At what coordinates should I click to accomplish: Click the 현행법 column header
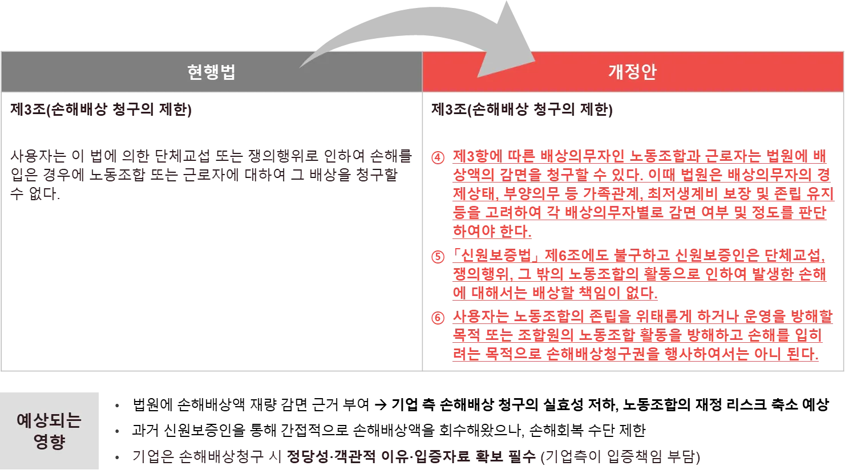[x=211, y=72]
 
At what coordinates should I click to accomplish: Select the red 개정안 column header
[x=632, y=72]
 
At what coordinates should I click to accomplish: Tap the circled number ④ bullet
[x=438, y=157]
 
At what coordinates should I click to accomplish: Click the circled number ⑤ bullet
[x=438, y=256]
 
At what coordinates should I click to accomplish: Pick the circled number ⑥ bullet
[x=438, y=318]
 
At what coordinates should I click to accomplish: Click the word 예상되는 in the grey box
[x=50, y=421]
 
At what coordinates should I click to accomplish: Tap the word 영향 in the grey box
[x=50, y=443]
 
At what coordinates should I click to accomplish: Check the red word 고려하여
[x=512, y=214]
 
